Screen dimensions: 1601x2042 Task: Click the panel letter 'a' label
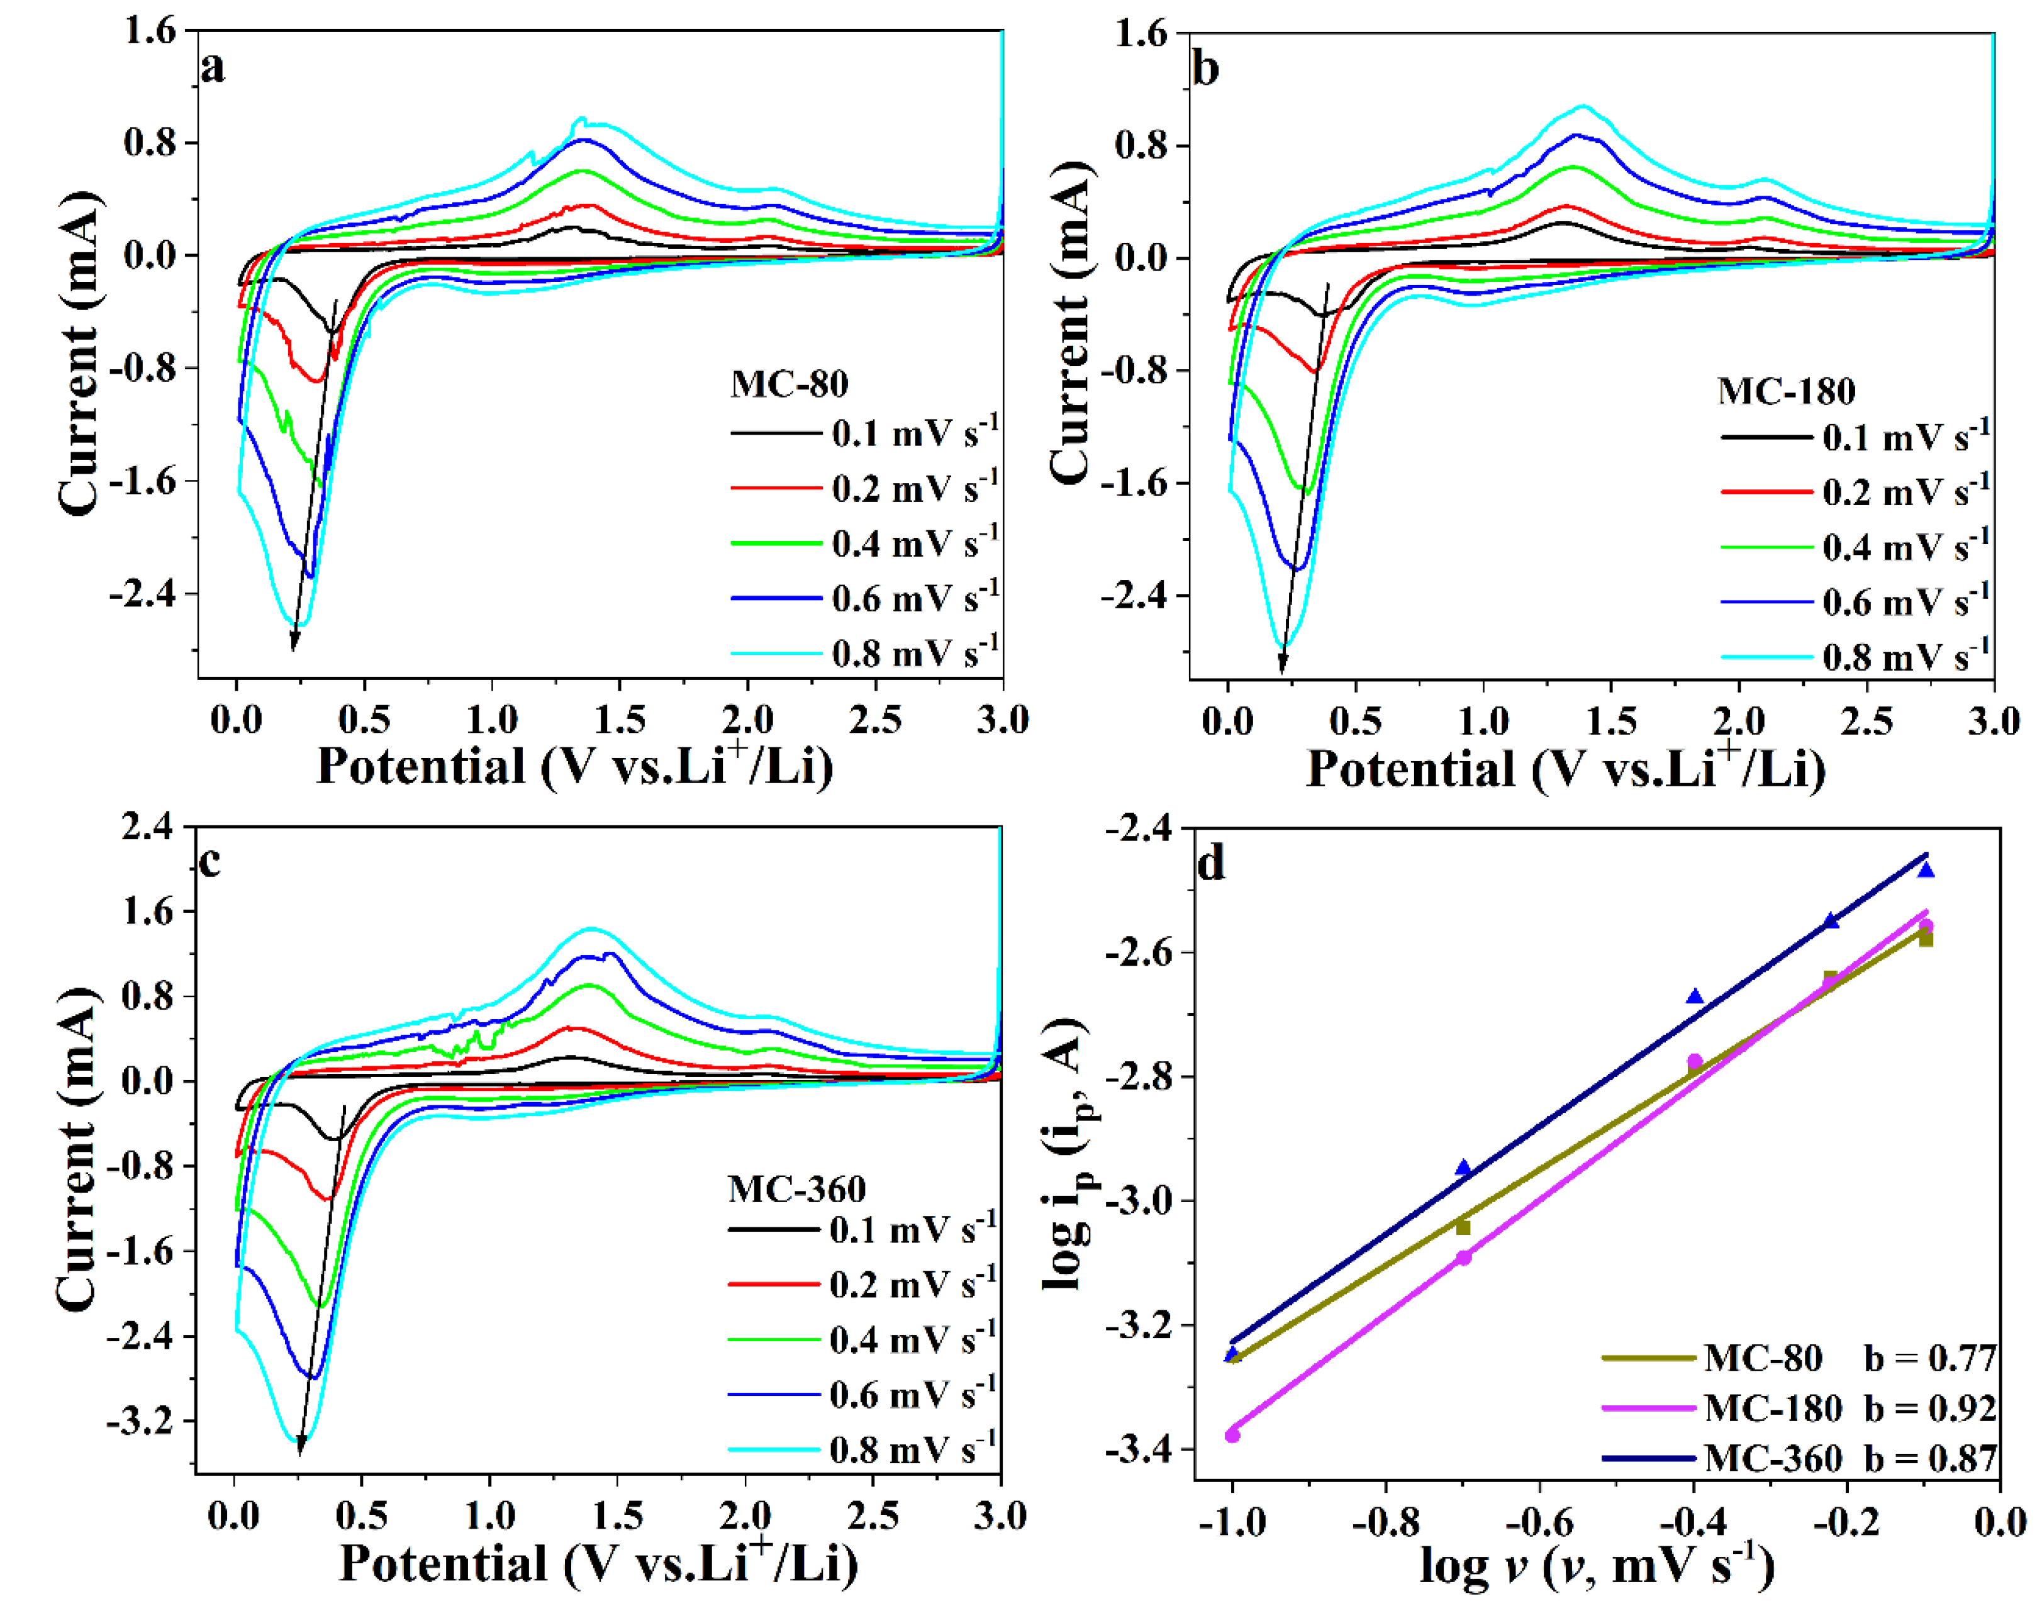click(x=214, y=67)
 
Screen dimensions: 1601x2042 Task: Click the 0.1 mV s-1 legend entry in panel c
click(x=863, y=1228)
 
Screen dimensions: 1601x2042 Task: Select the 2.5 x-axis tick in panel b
click(x=1866, y=721)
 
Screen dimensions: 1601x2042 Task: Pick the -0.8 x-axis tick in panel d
click(x=1386, y=1522)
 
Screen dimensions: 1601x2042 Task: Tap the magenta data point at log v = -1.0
click(x=1232, y=1435)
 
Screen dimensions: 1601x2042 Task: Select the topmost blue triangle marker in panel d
click(x=1926, y=871)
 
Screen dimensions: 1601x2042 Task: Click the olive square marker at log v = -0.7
click(x=1463, y=1227)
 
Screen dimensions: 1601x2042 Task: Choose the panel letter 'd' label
click(x=1211, y=862)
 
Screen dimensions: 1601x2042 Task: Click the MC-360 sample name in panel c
click(x=796, y=1188)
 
